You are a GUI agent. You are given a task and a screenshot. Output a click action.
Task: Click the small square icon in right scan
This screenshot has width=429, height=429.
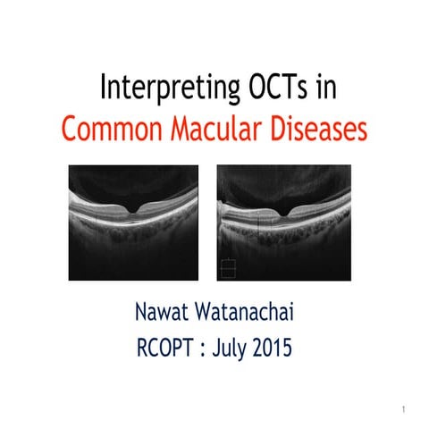227,266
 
